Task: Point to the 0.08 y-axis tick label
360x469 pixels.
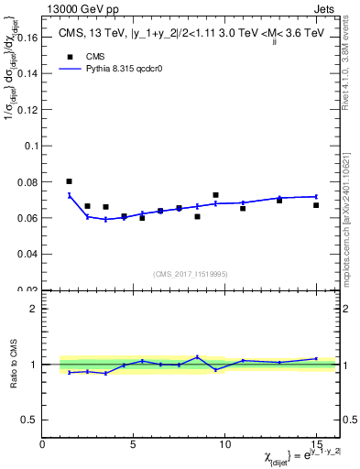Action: click(x=26, y=182)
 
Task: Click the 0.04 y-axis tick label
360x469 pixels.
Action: click(x=26, y=254)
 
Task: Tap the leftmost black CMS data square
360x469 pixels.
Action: click(x=70, y=181)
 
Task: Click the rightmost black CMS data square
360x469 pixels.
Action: click(x=316, y=205)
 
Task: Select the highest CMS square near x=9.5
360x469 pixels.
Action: click(x=215, y=195)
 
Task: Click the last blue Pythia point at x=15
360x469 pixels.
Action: click(x=316, y=196)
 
